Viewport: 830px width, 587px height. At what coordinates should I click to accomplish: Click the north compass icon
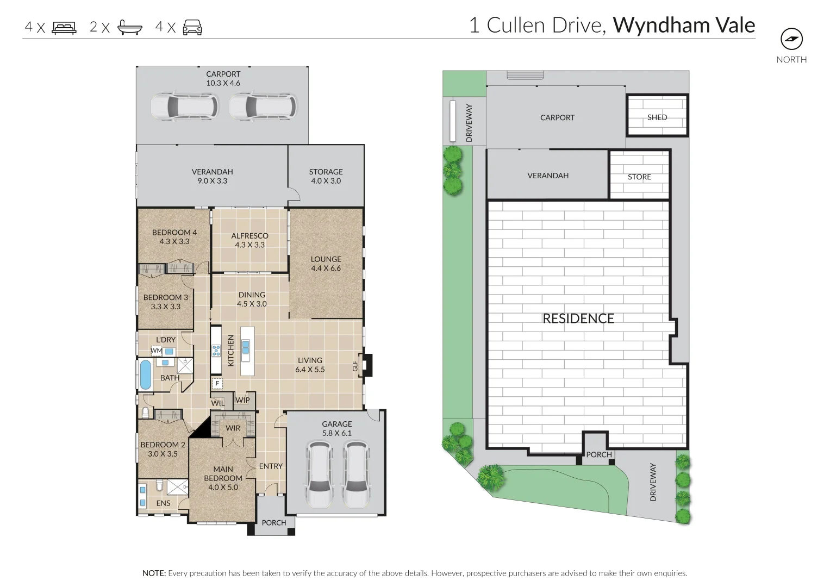(x=791, y=39)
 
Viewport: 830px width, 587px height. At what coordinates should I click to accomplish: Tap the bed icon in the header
(x=65, y=28)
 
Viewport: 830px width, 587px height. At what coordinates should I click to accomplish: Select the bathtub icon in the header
(x=130, y=28)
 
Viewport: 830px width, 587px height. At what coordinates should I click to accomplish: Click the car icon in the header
(x=192, y=28)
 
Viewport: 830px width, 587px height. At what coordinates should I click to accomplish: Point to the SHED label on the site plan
(x=657, y=117)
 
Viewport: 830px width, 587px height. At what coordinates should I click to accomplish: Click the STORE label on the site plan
(x=639, y=177)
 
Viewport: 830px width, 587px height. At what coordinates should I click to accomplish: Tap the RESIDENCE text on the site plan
(x=578, y=319)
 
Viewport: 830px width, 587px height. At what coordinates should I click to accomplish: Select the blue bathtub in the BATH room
(x=146, y=374)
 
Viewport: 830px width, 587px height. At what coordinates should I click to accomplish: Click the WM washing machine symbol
(x=156, y=351)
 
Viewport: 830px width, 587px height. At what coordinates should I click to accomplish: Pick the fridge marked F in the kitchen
(x=217, y=383)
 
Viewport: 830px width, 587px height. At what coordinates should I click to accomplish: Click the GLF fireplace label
(x=355, y=366)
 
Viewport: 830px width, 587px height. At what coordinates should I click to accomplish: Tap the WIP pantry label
(x=242, y=400)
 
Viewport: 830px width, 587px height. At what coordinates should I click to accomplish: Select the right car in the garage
(x=355, y=474)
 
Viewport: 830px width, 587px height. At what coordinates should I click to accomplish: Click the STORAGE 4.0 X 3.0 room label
(x=326, y=176)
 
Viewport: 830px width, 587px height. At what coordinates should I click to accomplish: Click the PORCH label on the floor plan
(x=274, y=522)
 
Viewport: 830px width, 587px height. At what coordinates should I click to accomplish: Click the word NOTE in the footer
(x=154, y=573)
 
